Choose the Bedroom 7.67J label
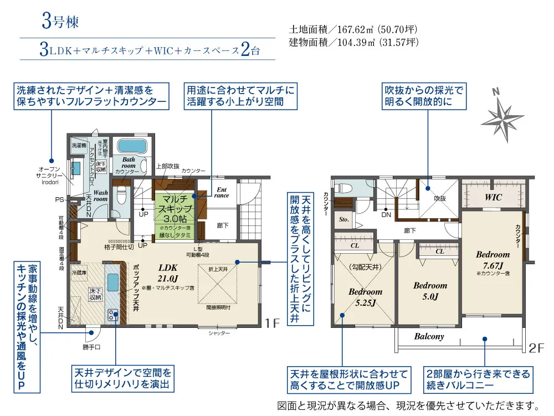pos(492,259)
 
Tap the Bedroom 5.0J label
pos(430,290)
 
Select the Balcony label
pos(429,336)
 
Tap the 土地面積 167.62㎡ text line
pos(353,29)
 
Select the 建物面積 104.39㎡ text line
pos(353,42)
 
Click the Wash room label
pos(100,194)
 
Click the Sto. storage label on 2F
pos(343,219)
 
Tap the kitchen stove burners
pos(112,315)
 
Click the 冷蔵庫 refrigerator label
pos(80,273)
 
